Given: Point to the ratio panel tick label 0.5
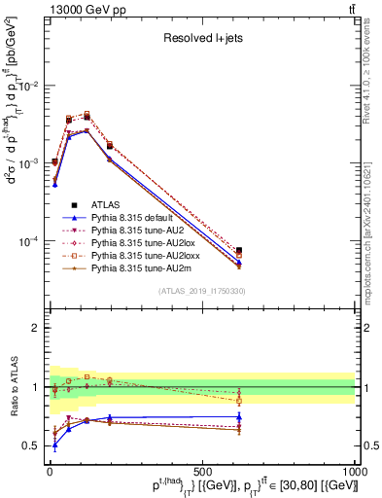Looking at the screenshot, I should point(32,446).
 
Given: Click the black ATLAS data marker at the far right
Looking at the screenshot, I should point(239,251).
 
